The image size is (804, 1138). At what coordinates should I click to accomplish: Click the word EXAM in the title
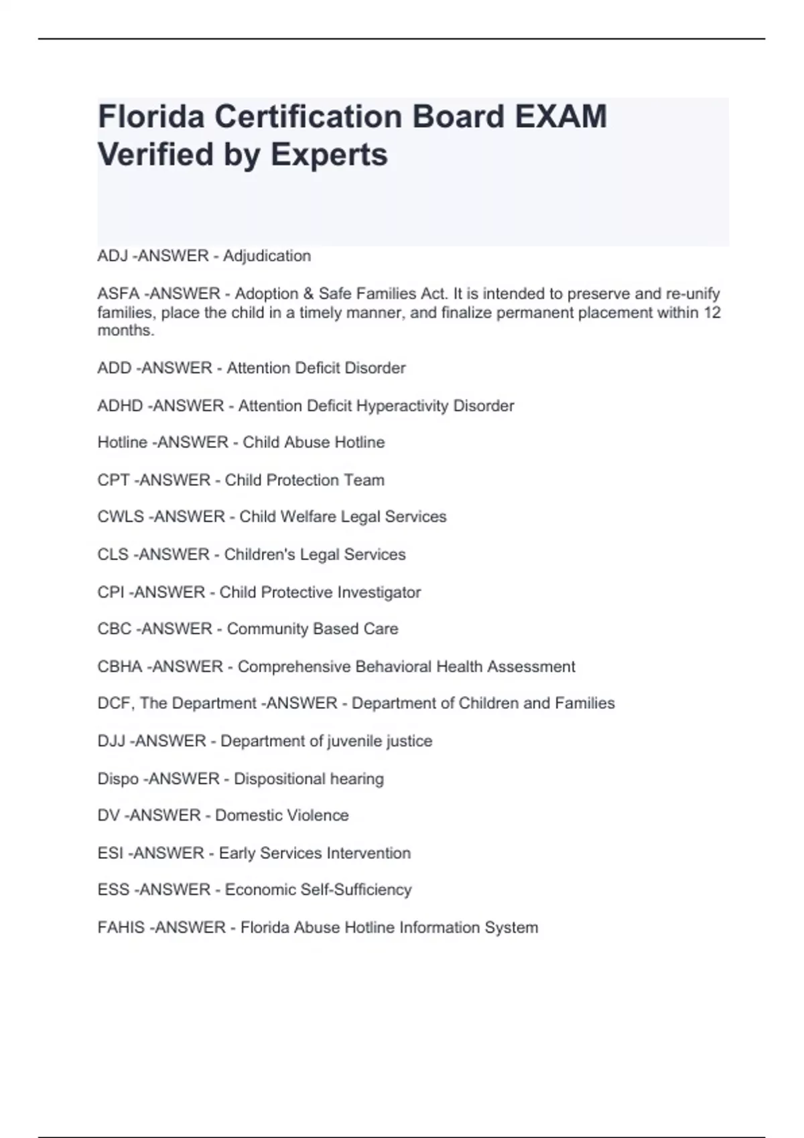[x=561, y=116]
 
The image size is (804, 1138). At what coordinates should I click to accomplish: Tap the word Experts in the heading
[x=329, y=155]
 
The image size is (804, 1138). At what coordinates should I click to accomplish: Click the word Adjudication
[x=267, y=256]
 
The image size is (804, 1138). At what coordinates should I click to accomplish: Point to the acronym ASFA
[x=118, y=294]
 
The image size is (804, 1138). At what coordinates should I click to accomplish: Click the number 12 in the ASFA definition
[x=712, y=313]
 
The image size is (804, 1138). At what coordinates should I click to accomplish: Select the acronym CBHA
[x=120, y=667]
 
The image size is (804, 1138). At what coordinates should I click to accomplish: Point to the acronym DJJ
[x=111, y=741]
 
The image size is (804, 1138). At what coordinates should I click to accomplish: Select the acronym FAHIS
[x=121, y=927]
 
